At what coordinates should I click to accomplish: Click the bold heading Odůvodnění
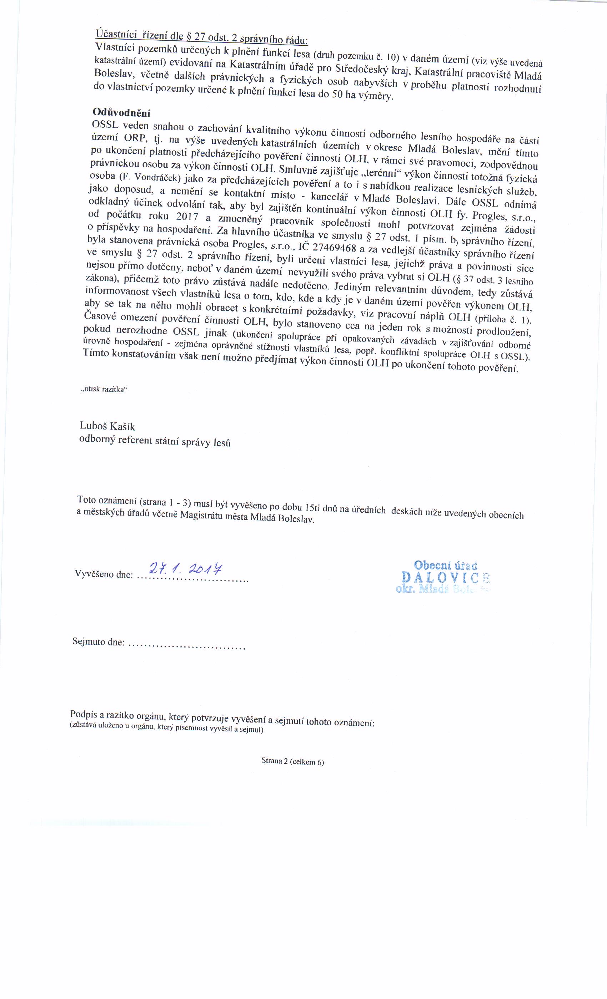(121, 112)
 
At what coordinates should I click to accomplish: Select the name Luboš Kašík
(107, 426)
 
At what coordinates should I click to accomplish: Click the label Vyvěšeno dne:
(104, 574)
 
